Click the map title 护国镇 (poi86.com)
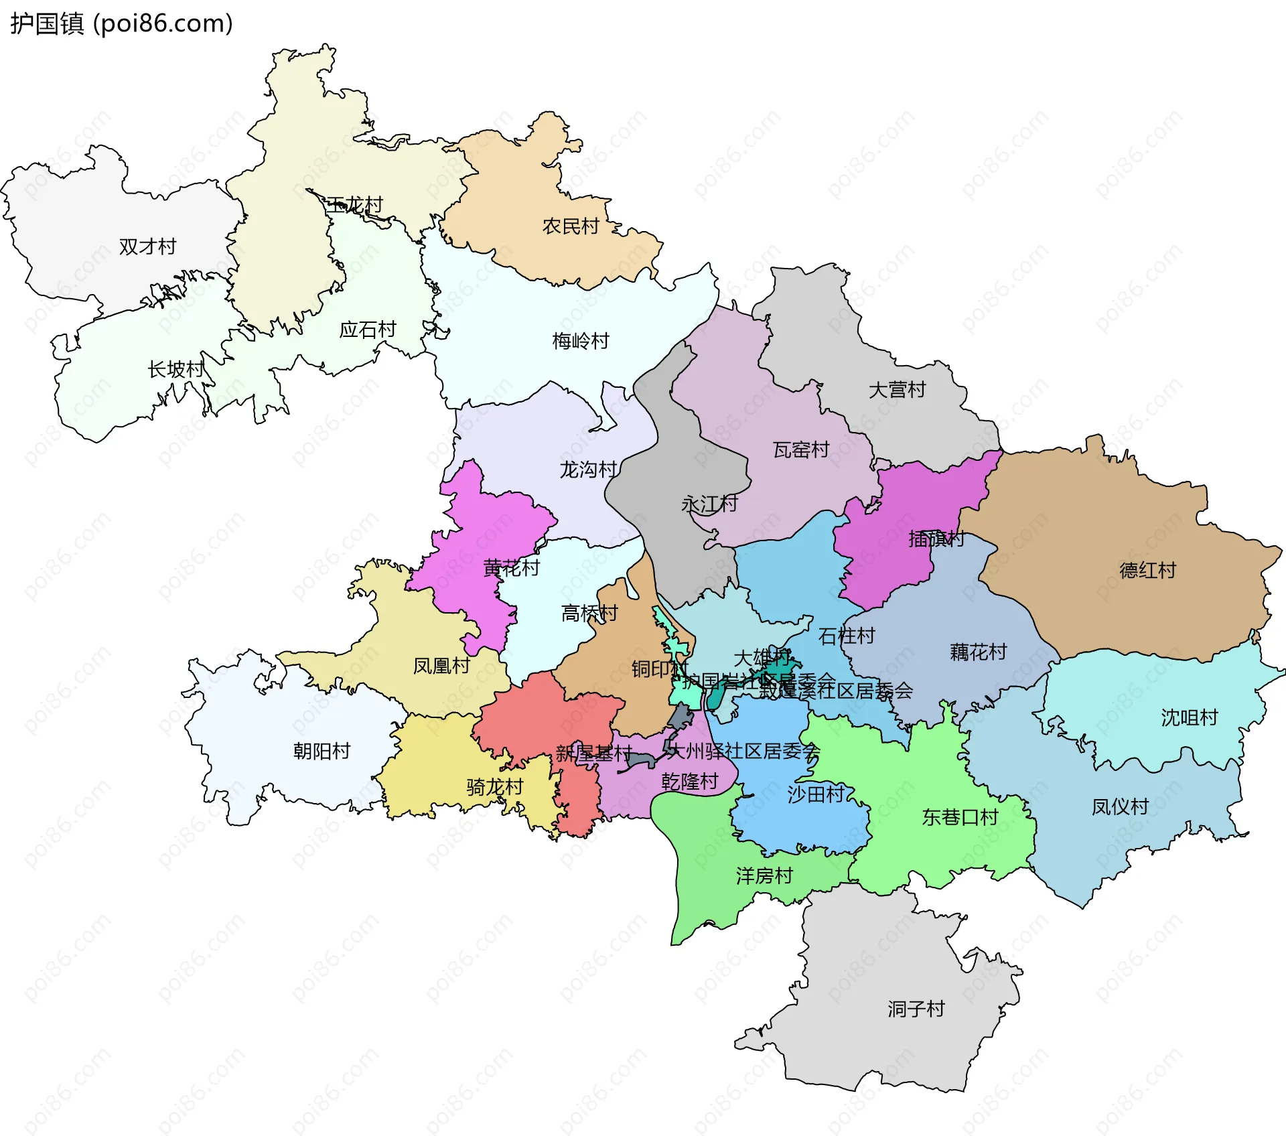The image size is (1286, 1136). [121, 23]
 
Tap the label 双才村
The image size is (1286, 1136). [147, 246]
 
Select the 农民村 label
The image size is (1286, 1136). [571, 226]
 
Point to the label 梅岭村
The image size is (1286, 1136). [581, 341]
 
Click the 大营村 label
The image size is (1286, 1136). [897, 390]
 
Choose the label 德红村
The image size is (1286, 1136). [1148, 571]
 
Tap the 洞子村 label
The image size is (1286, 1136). [916, 1009]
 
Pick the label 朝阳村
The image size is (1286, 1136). [321, 751]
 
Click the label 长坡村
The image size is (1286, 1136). [175, 369]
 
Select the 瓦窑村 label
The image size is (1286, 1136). [801, 449]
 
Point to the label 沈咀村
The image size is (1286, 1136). [1190, 717]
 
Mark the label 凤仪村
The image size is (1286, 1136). [1121, 806]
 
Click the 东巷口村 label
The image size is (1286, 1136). [960, 817]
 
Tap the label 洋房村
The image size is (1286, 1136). [764, 875]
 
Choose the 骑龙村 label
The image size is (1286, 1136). [495, 787]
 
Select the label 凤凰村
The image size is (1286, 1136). [441, 666]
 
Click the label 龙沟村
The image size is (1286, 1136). [588, 470]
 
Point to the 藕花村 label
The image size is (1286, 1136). [979, 652]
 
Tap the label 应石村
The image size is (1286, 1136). [368, 330]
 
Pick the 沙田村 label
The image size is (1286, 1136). [816, 794]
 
